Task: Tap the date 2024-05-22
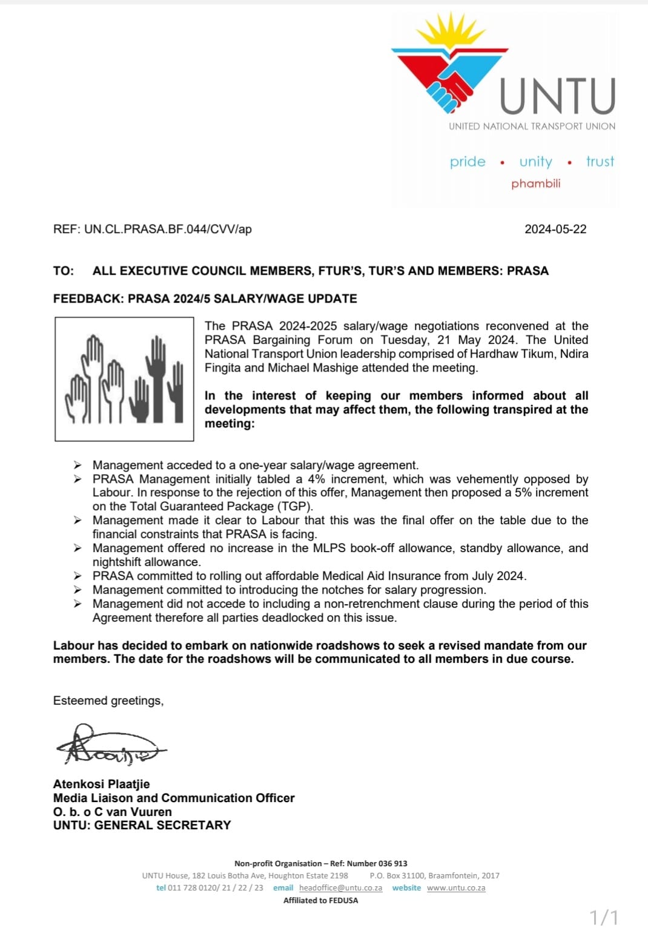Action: pos(555,229)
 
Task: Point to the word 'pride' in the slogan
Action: pos(468,162)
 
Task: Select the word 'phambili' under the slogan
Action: pos(535,183)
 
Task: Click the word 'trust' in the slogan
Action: pos(600,162)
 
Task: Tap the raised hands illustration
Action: pos(124,379)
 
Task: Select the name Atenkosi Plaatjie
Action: pos(101,784)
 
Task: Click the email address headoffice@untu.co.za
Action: pos(340,888)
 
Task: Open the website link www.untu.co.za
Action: pos(456,888)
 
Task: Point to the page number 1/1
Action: pos(604,916)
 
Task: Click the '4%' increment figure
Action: pos(316,479)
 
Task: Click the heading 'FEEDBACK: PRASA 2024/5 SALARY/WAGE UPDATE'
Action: pos(205,298)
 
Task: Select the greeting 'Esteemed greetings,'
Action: pos(108,700)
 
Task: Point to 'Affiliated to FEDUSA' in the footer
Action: pos(320,901)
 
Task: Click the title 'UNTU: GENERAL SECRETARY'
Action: pos(142,825)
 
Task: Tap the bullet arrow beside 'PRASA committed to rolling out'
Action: pos(78,576)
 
